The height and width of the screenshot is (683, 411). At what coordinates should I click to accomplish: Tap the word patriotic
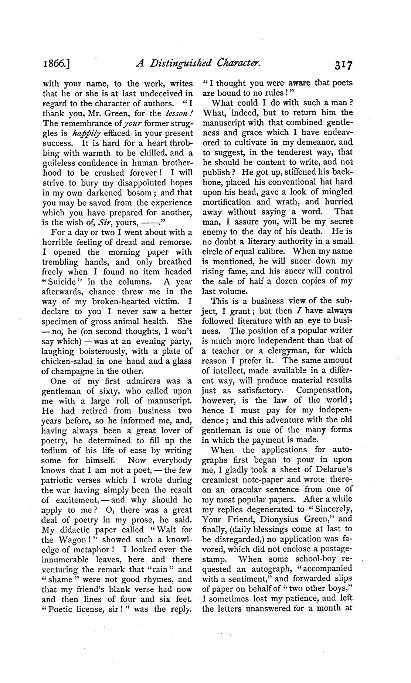60,480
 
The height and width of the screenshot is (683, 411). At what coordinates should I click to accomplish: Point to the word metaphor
87,550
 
